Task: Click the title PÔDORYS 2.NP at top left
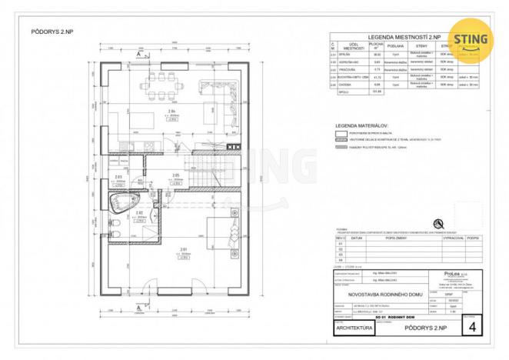52,33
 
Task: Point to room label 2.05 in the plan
175,175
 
